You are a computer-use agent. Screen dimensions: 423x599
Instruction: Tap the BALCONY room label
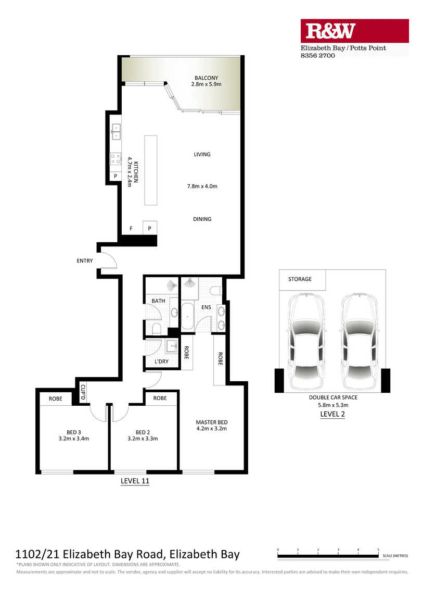(207, 78)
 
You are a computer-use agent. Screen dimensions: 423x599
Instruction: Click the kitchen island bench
(151, 170)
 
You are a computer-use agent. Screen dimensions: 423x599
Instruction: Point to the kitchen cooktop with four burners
(116, 159)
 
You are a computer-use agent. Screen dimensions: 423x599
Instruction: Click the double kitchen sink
(116, 131)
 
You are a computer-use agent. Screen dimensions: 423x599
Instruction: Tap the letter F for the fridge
(131, 229)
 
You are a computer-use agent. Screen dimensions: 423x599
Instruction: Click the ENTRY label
(85, 260)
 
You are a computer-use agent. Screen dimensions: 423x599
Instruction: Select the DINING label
(202, 219)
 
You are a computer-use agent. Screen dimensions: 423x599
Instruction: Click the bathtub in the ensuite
(188, 316)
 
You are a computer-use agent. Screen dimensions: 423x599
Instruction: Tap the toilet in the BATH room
(157, 329)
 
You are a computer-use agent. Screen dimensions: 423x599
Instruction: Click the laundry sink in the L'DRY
(172, 346)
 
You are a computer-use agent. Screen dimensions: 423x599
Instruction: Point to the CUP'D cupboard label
(83, 392)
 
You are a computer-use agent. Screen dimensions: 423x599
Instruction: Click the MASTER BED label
(212, 422)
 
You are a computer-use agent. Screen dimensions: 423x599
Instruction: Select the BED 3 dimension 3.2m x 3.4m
(73, 439)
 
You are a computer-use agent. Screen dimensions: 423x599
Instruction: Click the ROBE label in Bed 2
(160, 398)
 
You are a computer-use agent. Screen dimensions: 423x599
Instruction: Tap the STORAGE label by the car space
(300, 279)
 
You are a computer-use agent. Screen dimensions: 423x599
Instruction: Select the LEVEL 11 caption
(135, 481)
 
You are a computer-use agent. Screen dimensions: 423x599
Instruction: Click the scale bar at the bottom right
(328, 556)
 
